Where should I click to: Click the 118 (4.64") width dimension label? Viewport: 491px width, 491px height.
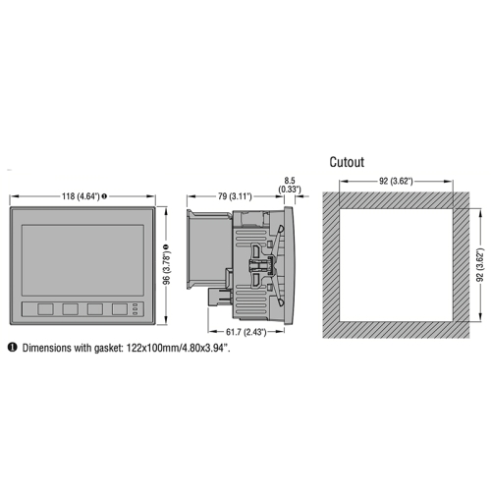[81, 196]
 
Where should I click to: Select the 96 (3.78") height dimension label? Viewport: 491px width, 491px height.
[167, 267]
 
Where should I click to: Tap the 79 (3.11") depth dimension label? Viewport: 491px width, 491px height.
[235, 196]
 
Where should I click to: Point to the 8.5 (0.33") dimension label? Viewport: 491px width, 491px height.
[290, 185]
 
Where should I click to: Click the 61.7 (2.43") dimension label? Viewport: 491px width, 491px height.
[246, 332]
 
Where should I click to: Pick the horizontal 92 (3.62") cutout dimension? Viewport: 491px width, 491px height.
[396, 181]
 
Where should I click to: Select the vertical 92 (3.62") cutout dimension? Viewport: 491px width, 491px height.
[480, 265]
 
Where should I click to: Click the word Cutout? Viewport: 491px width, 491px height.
[347, 162]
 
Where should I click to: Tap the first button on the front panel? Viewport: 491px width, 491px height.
[45, 309]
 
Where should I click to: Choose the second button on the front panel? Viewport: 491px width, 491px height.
[71, 309]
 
